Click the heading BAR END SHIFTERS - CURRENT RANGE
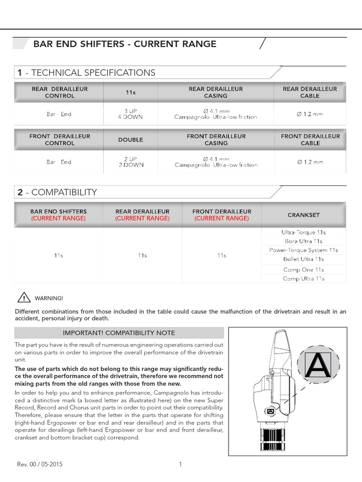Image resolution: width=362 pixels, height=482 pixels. (x=125, y=44)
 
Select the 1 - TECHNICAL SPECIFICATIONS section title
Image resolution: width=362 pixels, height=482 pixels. (x=86, y=72)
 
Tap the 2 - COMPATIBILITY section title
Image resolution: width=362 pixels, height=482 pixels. (x=57, y=192)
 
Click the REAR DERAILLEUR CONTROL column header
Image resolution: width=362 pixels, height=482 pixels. (x=59, y=92)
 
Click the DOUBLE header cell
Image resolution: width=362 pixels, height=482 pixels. (x=130, y=140)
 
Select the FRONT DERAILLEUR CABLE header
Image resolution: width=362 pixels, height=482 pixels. (x=310, y=140)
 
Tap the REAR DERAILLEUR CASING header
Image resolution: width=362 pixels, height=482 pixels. (x=215, y=92)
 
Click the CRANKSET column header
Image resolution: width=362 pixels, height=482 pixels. (x=304, y=215)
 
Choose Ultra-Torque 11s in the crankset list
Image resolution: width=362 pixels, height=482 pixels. (x=304, y=233)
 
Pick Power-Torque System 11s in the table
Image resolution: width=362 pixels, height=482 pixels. (x=304, y=250)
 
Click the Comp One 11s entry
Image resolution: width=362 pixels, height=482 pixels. (x=304, y=270)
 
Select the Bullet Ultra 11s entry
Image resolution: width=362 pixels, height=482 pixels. (x=304, y=259)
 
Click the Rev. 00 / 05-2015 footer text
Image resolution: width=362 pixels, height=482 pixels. (x=40, y=465)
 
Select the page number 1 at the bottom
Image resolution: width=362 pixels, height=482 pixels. (x=181, y=465)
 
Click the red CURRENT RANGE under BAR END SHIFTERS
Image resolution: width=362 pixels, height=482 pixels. (x=58, y=218)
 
